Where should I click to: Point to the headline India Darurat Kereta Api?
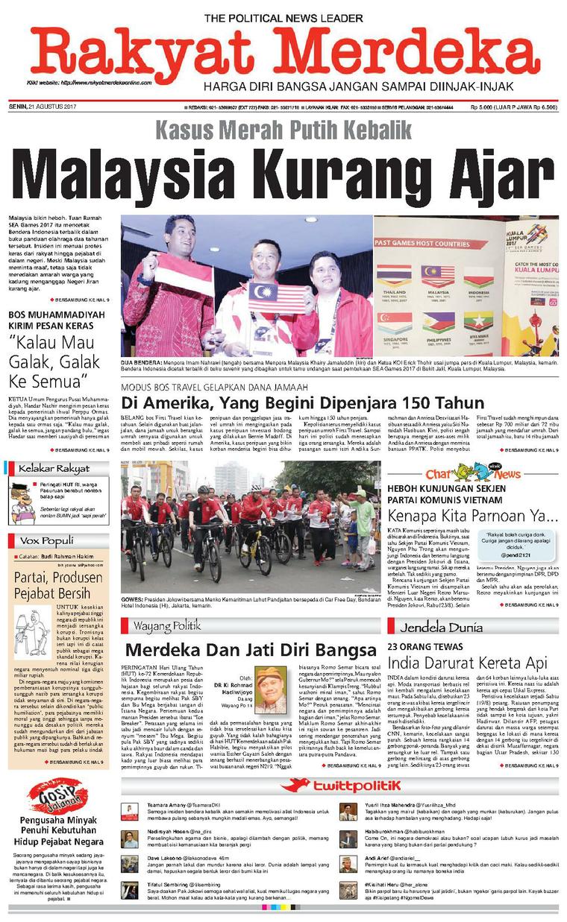[466, 662]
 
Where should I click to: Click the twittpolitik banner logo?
[339, 785]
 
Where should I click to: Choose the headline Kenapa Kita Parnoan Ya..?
[472, 515]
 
